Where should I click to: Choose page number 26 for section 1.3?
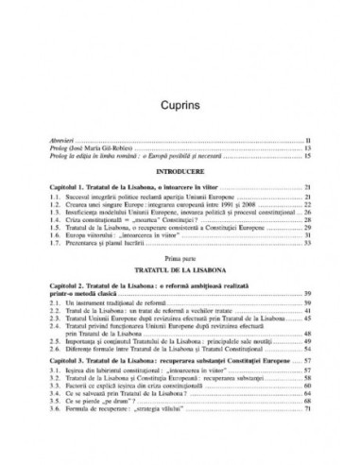pos(308,214)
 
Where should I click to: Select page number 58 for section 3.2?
pos(308,407)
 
